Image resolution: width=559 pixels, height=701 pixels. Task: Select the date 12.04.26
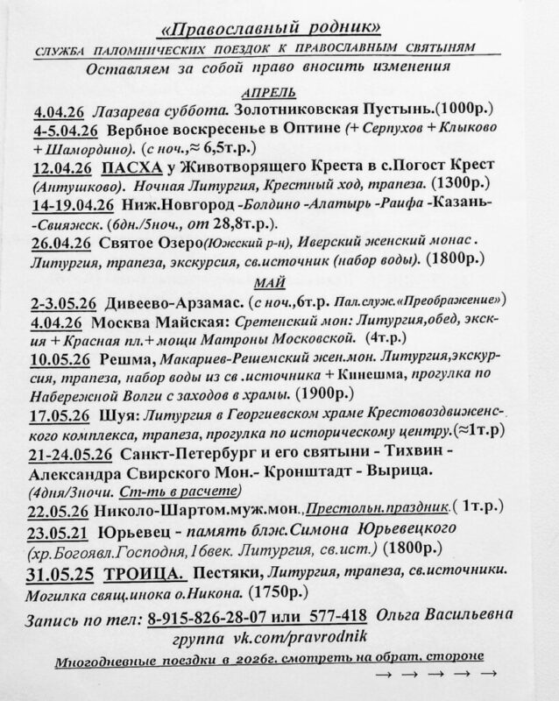click(62, 166)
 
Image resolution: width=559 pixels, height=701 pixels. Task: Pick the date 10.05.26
click(62, 359)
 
